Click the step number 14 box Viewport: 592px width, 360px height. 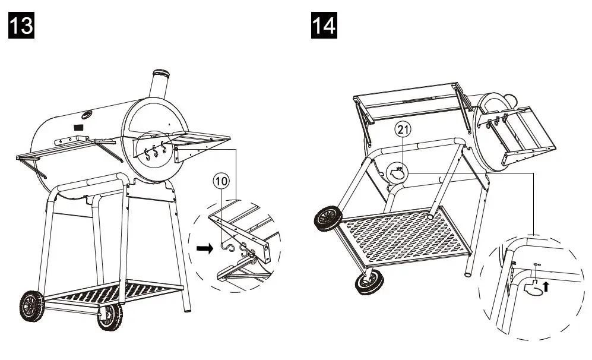tap(324, 27)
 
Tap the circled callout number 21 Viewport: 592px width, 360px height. tap(404, 130)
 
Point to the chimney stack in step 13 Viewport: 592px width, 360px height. tap(159, 89)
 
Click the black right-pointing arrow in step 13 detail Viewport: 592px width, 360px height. tap(203, 250)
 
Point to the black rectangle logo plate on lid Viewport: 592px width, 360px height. tap(78, 127)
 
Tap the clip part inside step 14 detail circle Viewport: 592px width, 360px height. tap(534, 288)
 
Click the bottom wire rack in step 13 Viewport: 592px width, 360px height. tap(113, 291)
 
